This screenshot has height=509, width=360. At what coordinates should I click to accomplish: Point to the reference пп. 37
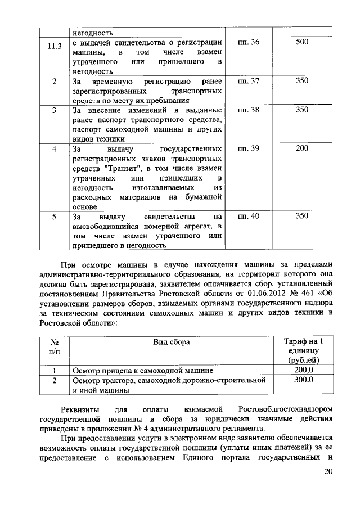(249, 81)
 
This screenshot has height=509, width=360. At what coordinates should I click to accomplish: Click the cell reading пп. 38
(249, 110)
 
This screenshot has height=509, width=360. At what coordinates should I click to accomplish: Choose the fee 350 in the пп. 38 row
(302, 110)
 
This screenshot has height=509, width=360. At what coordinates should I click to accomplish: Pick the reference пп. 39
(249, 149)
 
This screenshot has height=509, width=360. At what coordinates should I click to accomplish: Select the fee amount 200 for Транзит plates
(302, 149)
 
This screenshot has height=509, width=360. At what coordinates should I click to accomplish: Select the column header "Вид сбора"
(172, 342)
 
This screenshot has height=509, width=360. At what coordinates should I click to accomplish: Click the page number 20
(328, 472)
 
